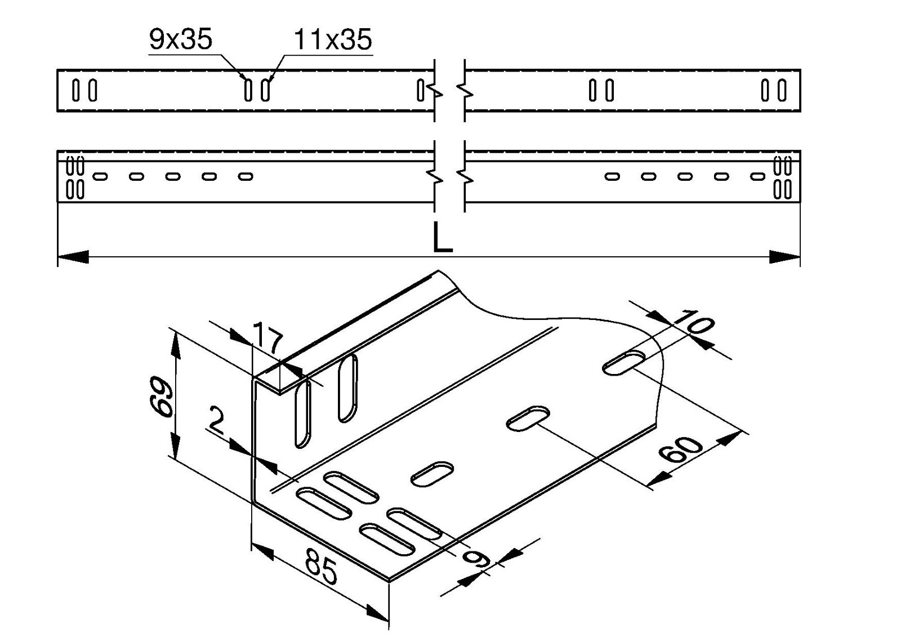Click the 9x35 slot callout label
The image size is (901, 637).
[x=180, y=40]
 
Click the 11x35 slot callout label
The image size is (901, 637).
[x=333, y=40]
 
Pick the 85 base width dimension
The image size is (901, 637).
[x=322, y=567]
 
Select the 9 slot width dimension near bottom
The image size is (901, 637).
[x=474, y=558]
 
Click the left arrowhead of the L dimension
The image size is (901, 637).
[x=73, y=257]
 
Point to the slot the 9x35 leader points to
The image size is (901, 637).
[x=248, y=90]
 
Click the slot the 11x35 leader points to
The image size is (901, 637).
[x=265, y=90]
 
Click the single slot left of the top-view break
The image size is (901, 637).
[x=420, y=90]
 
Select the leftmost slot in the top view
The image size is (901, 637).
[x=75, y=90]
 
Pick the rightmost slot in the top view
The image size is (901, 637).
[x=782, y=90]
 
